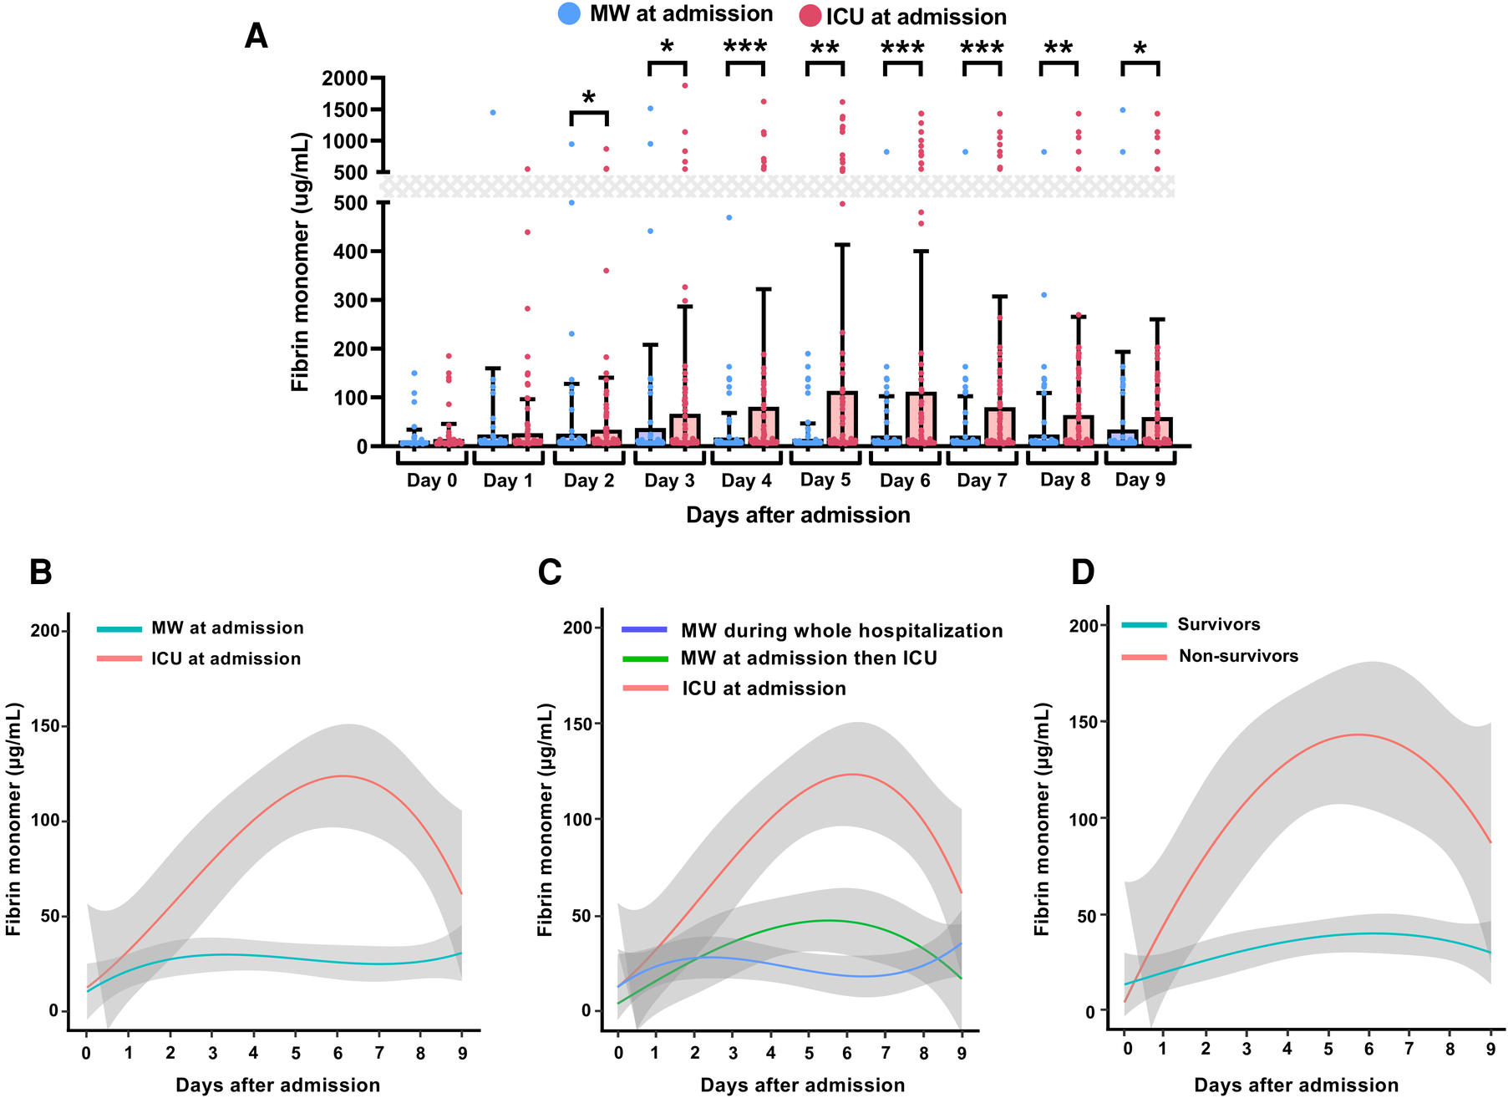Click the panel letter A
click(256, 37)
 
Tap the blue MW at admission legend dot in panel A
click(569, 13)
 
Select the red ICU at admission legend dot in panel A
click(810, 17)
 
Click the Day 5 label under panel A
click(825, 480)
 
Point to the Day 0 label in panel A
click(432, 480)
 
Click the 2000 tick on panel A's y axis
click(345, 79)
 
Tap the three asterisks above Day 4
click(745, 47)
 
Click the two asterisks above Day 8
click(1059, 48)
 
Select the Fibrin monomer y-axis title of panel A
click(300, 262)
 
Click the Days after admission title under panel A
click(798, 515)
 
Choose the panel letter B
click(41, 572)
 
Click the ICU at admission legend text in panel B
click(226, 658)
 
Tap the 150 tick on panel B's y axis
click(45, 726)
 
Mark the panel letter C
click(550, 572)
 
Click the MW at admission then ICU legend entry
click(809, 658)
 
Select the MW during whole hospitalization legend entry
click(841, 631)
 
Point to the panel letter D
click(1083, 572)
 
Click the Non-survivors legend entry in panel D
click(1238, 656)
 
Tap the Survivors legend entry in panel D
click(1218, 624)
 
